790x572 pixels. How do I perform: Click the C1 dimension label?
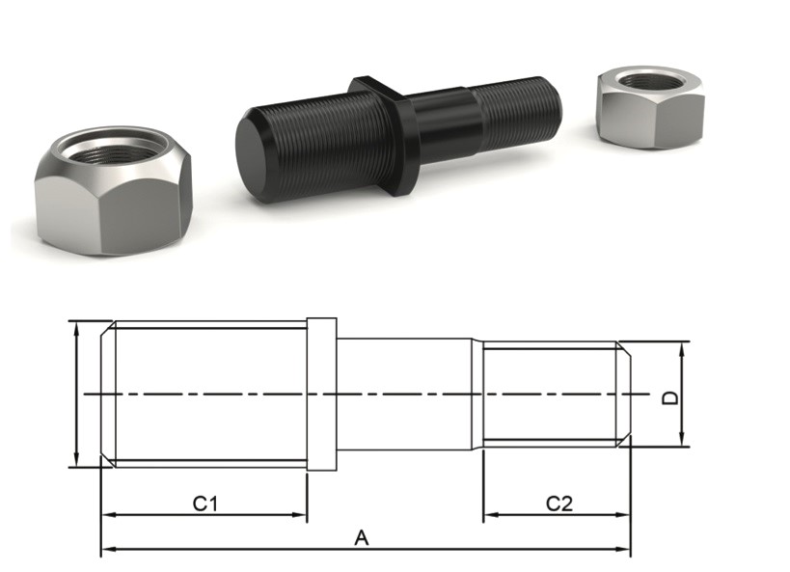pyautogui.click(x=205, y=503)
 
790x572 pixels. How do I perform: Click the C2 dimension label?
pyautogui.click(x=559, y=503)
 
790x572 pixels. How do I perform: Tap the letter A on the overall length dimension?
pyautogui.click(x=362, y=537)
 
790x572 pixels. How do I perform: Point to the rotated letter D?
pyautogui.click(x=670, y=398)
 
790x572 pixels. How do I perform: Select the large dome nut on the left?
pyautogui.click(x=114, y=190)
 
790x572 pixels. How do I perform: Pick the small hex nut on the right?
pyautogui.click(x=650, y=107)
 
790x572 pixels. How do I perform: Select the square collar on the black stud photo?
pyautogui.click(x=384, y=136)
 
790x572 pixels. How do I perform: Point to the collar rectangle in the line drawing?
pyautogui.click(x=321, y=395)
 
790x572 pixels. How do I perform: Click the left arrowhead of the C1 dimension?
pyautogui.click(x=107, y=515)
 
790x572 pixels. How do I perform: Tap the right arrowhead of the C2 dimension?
pyautogui.click(x=624, y=515)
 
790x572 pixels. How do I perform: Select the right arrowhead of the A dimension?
pyautogui.click(x=624, y=549)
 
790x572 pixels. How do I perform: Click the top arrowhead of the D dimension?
pyautogui.click(x=682, y=349)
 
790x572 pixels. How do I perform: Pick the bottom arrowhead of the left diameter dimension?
pyautogui.click(x=76, y=459)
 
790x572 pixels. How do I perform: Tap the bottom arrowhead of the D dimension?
pyautogui.click(x=682, y=439)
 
